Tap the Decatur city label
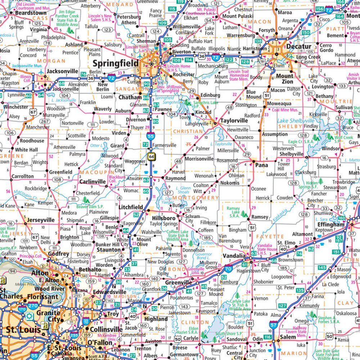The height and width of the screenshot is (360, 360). pyautogui.click(x=299, y=46)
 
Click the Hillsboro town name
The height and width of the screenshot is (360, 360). pyautogui.click(x=163, y=218)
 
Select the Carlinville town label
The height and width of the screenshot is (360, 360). pyautogui.click(x=92, y=181)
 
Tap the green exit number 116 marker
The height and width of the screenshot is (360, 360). pyautogui.click(x=267, y=337)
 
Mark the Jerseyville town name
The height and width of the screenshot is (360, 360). pyautogui.click(x=41, y=220)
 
